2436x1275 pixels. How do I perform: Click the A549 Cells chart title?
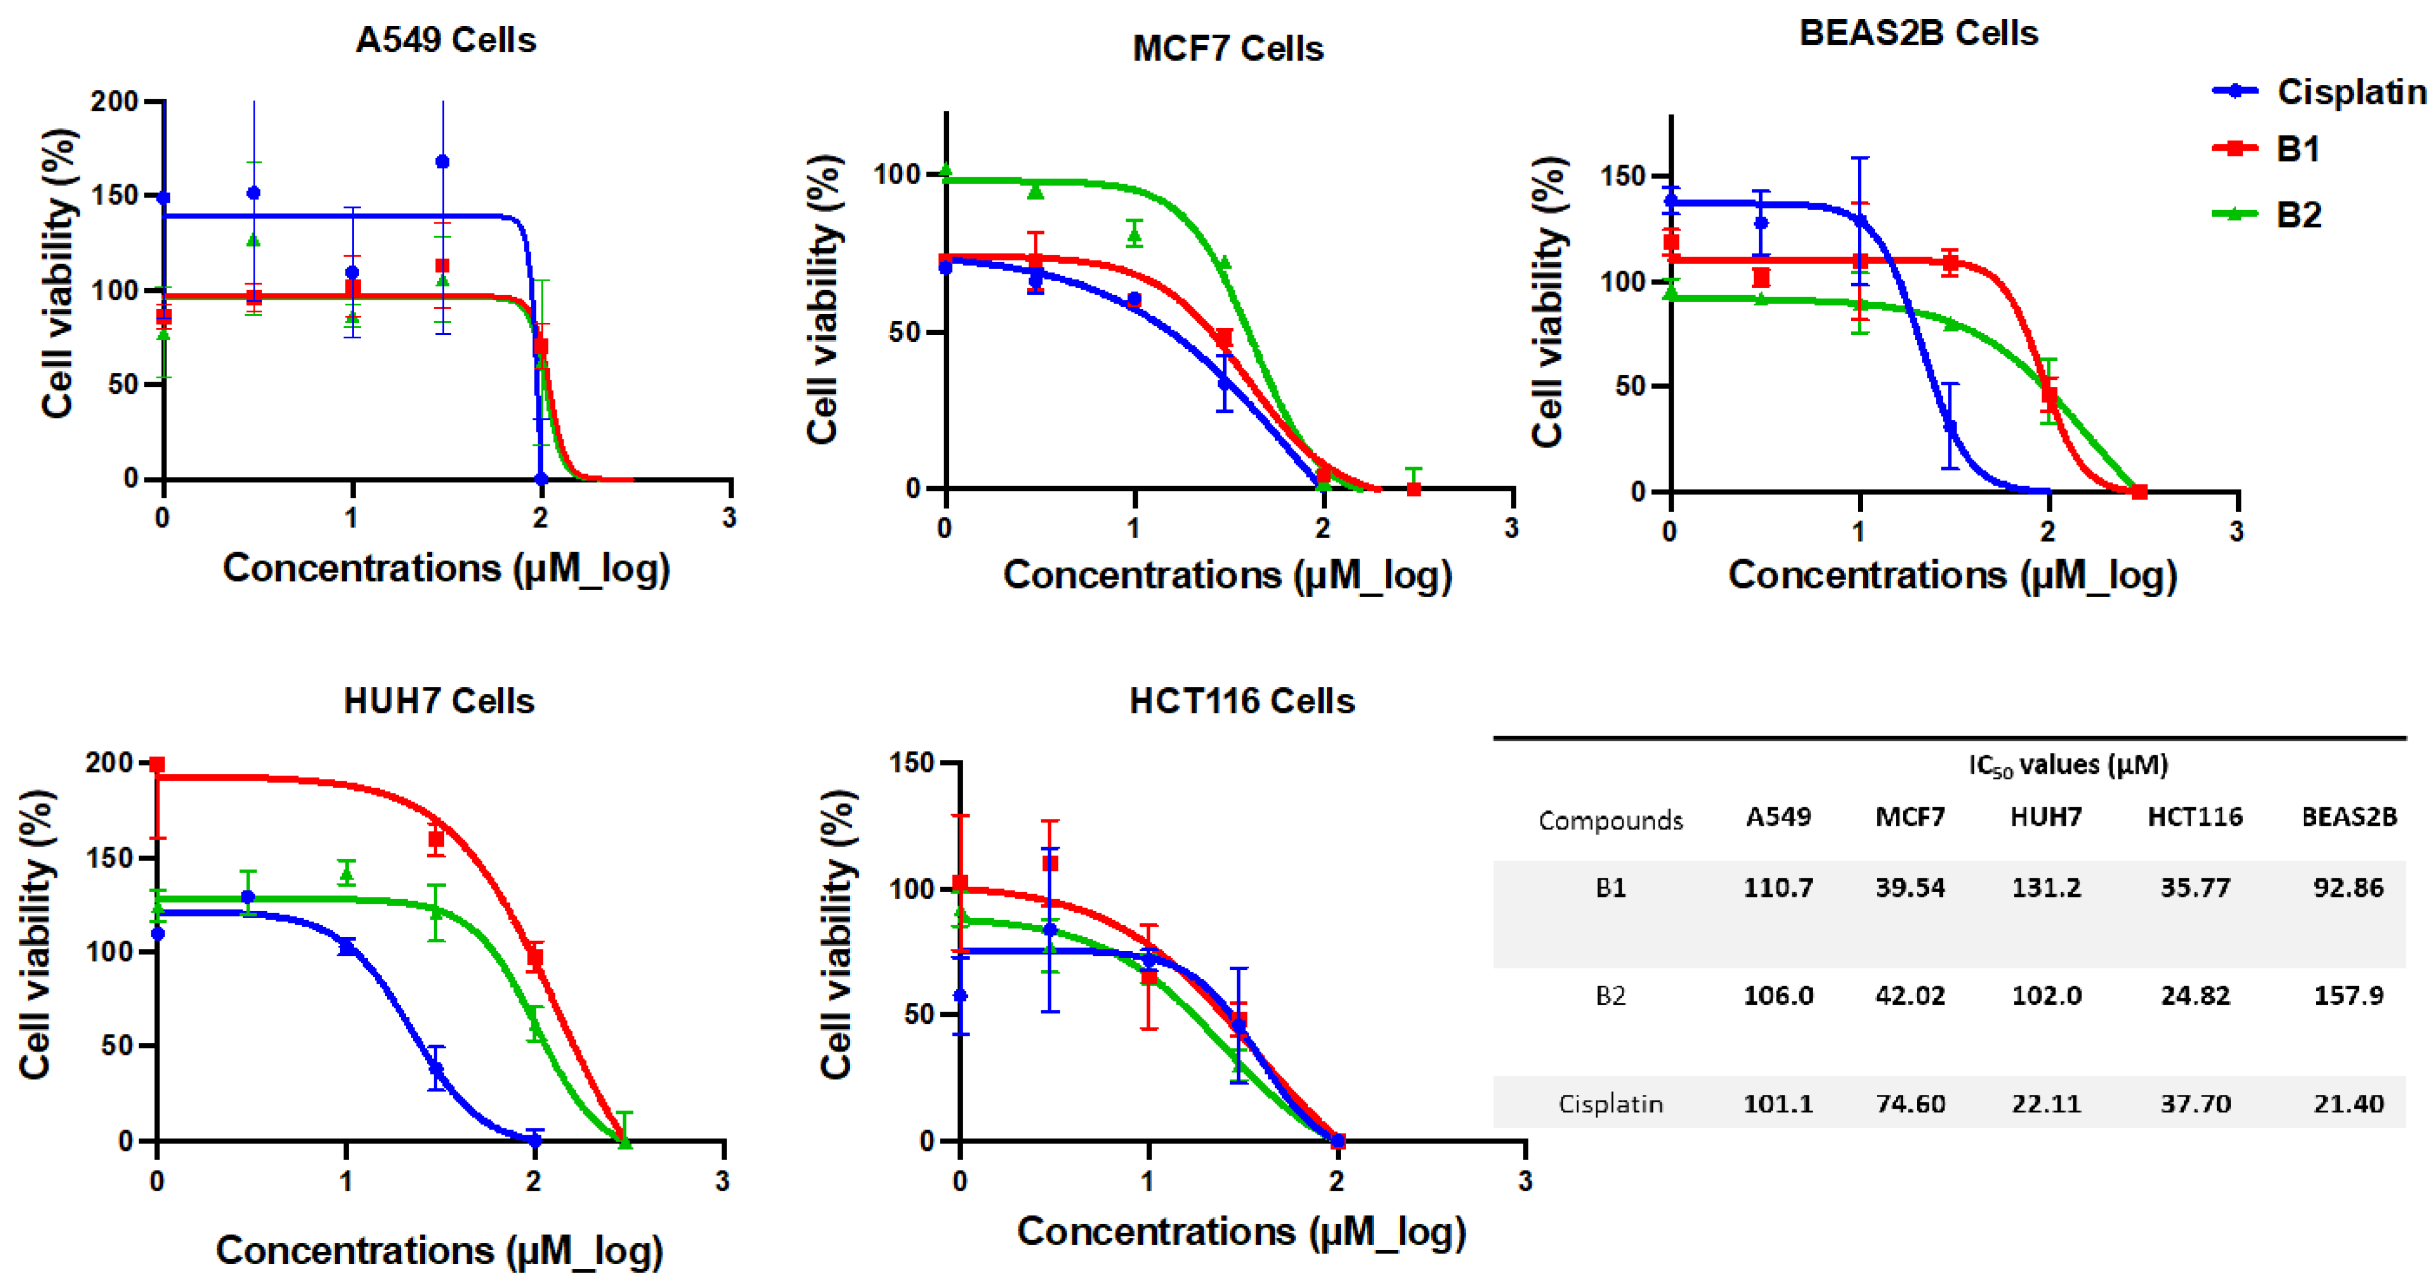pyautogui.click(x=445, y=40)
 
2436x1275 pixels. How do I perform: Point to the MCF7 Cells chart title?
pyautogui.click(x=1227, y=49)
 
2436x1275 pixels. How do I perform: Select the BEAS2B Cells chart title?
pyautogui.click(x=1918, y=33)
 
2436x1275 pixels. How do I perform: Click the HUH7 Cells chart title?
pyautogui.click(x=439, y=701)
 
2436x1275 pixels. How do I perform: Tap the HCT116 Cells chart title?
pyautogui.click(x=1242, y=701)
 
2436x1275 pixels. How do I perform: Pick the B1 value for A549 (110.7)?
pyautogui.click(x=1778, y=887)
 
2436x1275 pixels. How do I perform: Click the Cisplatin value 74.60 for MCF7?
pyautogui.click(x=1910, y=1103)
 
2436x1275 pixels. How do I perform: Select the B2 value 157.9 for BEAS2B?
pyautogui.click(x=2348, y=995)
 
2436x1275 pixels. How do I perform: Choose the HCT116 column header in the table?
pyautogui.click(x=2194, y=817)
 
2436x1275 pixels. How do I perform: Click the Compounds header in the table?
pyautogui.click(x=1611, y=820)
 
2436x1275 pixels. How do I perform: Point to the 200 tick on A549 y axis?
pyautogui.click(x=114, y=101)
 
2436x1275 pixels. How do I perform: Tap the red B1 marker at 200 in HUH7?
pyautogui.click(x=158, y=764)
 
